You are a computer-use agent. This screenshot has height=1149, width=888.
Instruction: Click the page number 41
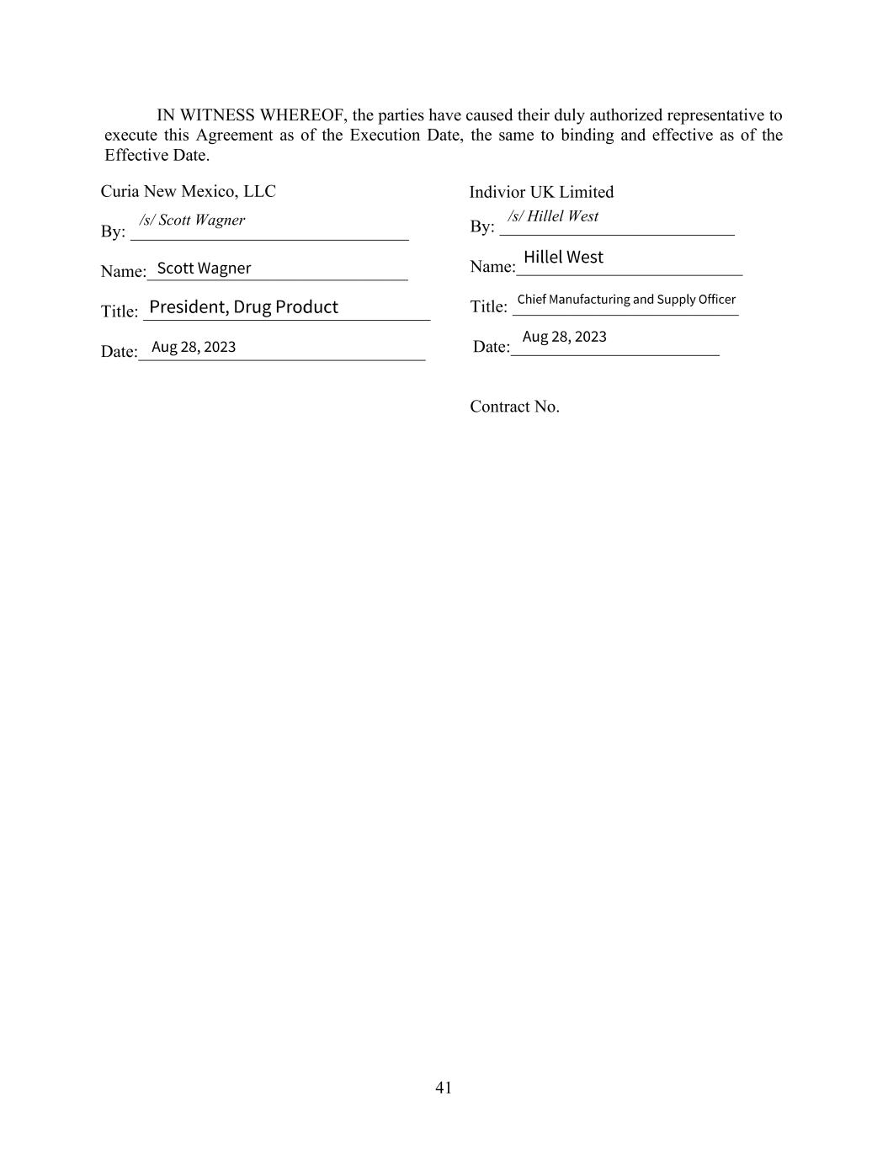pos(444,1088)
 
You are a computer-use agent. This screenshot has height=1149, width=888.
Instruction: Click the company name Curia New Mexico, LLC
pos(188,191)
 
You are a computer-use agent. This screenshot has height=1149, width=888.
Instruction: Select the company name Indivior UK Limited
pos(541,192)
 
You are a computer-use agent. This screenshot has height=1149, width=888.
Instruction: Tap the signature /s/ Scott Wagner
pos(192,220)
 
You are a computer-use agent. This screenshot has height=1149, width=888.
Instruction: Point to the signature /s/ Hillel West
pos(553,216)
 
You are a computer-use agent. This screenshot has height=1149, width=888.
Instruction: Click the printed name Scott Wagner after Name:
pos(204,268)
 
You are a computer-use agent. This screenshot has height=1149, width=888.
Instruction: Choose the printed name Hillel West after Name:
pos(563,257)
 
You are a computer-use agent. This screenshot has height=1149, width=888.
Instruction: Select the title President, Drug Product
pos(243,306)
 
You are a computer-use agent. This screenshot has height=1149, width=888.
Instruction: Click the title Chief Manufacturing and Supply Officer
pos(626,300)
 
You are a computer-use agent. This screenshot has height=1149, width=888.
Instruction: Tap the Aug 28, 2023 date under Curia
pos(194,347)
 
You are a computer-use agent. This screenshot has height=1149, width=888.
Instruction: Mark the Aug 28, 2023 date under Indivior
pos(564,337)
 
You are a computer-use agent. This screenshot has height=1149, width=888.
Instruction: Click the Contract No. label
pos(514,407)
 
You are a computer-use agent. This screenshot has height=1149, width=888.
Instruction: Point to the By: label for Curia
pos(113,231)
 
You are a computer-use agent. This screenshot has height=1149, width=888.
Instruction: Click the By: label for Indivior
pos(481,226)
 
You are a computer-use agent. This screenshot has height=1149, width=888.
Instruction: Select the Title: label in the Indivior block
pos(488,306)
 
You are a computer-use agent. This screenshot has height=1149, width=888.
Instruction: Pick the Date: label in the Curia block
pos(119,352)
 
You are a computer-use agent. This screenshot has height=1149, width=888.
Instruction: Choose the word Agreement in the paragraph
pos(235,136)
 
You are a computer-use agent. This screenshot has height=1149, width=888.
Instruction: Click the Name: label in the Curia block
pos(123,272)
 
